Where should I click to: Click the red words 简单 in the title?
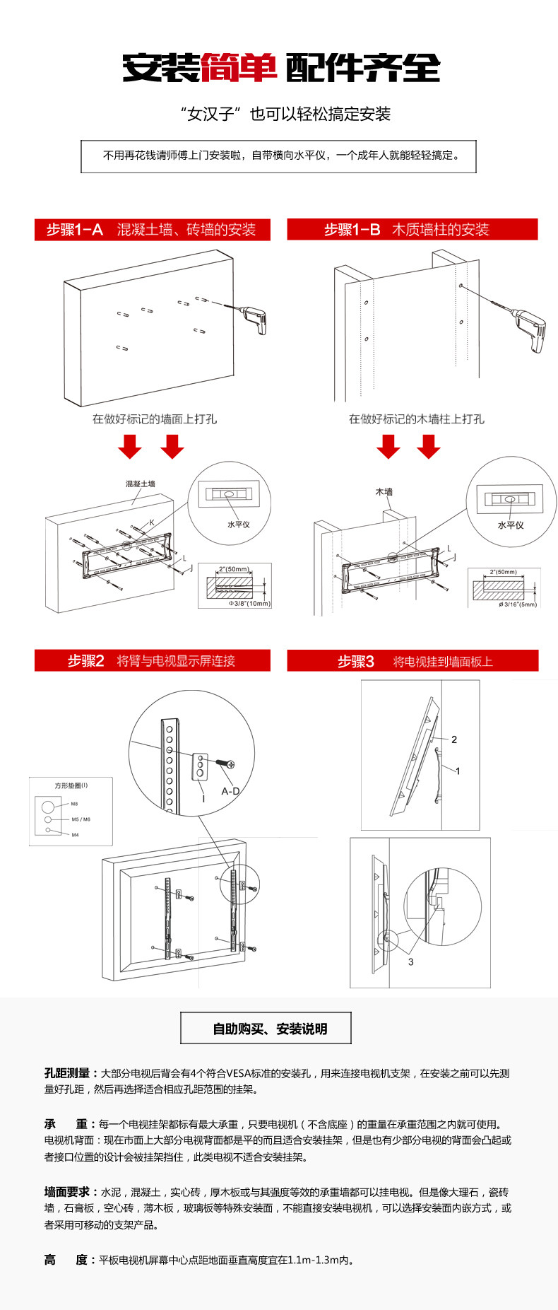pos(239,69)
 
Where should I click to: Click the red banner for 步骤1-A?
pos(152,230)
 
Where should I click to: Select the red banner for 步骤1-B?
pos(412,230)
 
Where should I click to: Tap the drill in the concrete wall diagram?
pos(254,320)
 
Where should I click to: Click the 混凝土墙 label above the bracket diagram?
pos(141,484)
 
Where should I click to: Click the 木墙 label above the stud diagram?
pos(384,492)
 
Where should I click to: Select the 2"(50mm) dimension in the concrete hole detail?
pos(233,569)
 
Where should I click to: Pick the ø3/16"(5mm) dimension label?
pos(518,604)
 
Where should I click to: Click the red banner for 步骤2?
pos(152,661)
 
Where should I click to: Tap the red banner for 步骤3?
pos(412,661)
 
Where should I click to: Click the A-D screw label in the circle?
pos(230,791)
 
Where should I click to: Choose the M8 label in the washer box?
pos(74,804)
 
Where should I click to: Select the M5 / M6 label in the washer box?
pos(81,819)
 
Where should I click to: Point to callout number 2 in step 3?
pos(454,739)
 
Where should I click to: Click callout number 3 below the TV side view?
pos(410,961)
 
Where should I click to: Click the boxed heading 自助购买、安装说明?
pos(266,1029)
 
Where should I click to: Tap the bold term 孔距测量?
pos(67,1073)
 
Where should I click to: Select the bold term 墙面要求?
pos(67,1192)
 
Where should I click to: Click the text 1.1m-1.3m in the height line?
pos(316,1260)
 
